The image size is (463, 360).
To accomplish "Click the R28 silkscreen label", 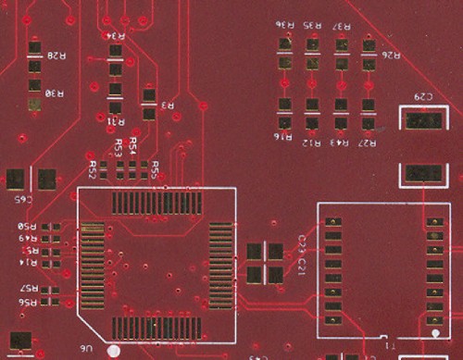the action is pyautogui.click(x=56, y=56).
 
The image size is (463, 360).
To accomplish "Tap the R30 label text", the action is pyautogui.click(x=56, y=93).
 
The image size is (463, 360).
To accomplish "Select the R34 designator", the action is pyautogui.click(x=116, y=35).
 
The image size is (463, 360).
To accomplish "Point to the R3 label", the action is pyautogui.click(x=169, y=106).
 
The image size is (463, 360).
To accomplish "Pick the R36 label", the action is pyautogui.click(x=284, y=23).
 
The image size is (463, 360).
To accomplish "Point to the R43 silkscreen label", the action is pyautogui.click(x=341, y=143).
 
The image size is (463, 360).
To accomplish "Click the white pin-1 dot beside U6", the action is pyautogui.click(x=113, y=351).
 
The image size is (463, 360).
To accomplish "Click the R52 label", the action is pyautogui.click(x=94, y=168).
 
